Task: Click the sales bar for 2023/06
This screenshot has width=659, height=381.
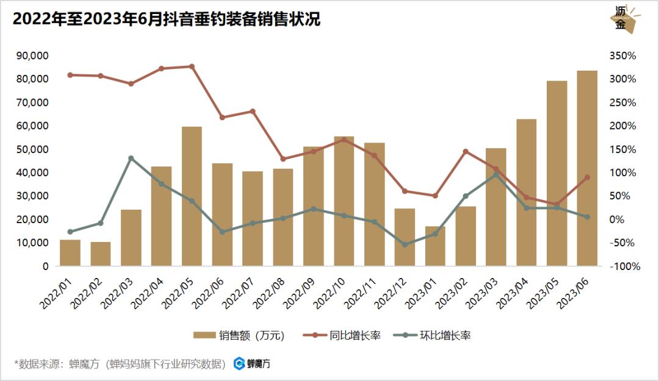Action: [x=587, y=168]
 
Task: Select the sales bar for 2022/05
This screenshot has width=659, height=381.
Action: [x=192, y=196]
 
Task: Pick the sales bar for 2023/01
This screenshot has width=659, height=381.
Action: [x=435, y=246]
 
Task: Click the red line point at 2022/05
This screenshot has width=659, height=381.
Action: [x=192, y=66]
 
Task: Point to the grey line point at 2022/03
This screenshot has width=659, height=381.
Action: [x=131, y=158]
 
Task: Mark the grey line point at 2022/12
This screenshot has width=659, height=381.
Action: [x=405, y=244]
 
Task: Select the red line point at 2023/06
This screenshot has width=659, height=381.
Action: [x=587, y=177]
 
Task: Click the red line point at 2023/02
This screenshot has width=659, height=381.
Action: [x=466, y=151]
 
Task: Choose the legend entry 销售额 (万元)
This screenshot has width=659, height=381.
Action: [x=239, y=335]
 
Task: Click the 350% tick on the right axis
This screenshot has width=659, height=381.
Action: [x=622, y=55]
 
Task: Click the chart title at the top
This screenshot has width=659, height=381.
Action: [x=166, y=20]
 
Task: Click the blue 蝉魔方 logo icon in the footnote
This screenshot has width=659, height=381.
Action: [x=240, y=364]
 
